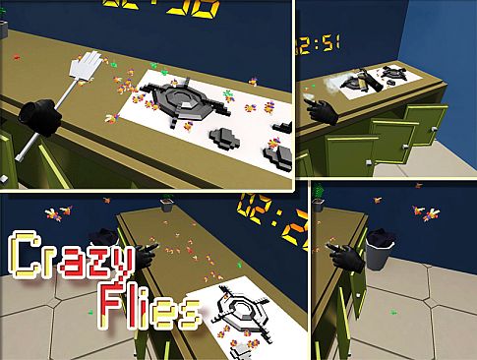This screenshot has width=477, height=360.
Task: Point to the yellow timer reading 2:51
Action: pyautogui.click(x=324, y=43)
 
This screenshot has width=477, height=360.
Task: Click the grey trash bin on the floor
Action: pyautogui.click(x=382, y=249)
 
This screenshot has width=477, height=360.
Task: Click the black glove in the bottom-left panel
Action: pyautogui.click(x=143, y=256)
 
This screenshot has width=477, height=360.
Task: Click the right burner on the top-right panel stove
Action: pyautogui.click(x=396, y=72)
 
